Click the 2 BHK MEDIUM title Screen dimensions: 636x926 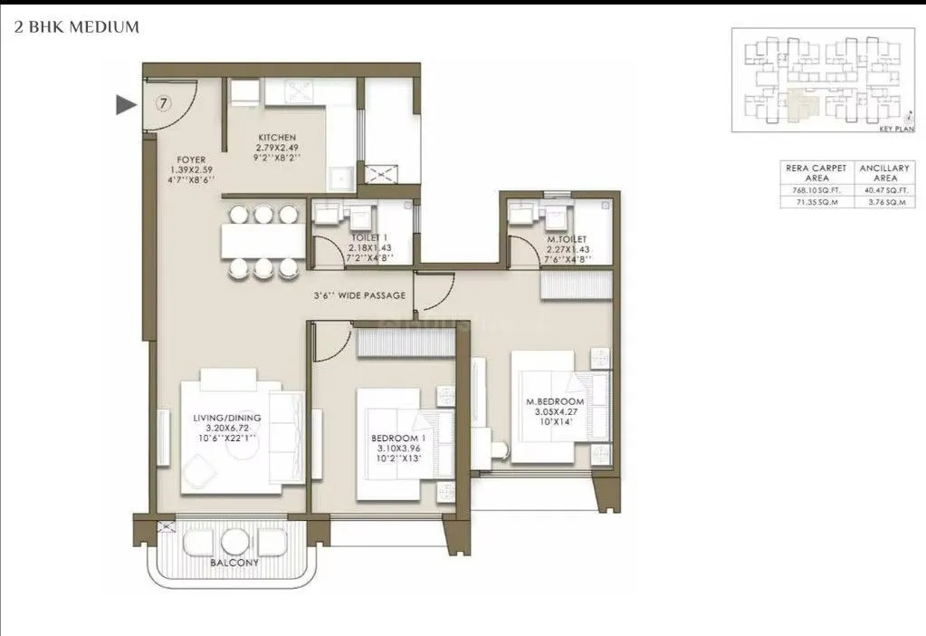click(x=77, y=27)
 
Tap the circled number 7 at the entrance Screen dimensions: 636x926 click(x=163, y=102)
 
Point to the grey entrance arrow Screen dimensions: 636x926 click(x=126, y=105)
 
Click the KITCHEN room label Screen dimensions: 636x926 click(x=276, y=138)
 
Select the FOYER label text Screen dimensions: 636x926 click(x=191, y=159)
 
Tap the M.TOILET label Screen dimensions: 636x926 click(x=566, y=240)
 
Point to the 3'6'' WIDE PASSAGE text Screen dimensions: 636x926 click(x=359, y=295)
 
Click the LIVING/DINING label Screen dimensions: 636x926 click(x=226, y=418)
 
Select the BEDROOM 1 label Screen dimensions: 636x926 click(x=399, y=438)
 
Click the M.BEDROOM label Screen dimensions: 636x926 click(x=556, y=401)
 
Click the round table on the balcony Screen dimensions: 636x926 click(x=234, y=542)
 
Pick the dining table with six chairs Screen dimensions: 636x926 click(x=262, y=241)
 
